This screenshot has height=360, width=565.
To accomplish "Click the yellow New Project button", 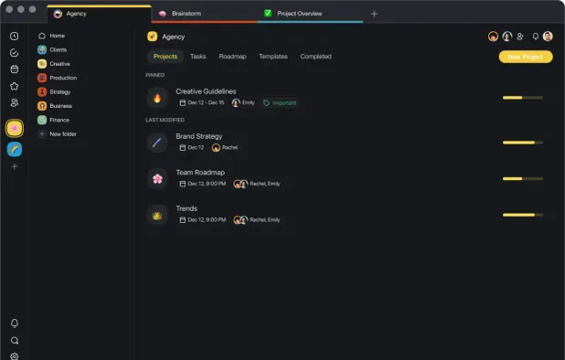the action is click(x=525, y=57).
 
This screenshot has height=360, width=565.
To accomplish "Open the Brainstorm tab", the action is click(x=187, y=14).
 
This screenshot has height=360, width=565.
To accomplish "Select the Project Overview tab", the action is click(x=299, y=14).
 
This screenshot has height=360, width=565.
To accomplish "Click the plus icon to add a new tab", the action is click(x=374, y=14).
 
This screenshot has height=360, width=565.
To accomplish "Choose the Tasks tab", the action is click(x=197, y=57).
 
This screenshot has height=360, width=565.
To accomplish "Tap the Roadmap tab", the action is click(x=232, y=57).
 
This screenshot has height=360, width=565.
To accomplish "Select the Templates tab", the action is click(x=272, y=57).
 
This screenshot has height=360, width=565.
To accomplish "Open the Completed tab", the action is click(x=315, y=57).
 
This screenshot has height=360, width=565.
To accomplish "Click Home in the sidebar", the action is click(x=57, y=36).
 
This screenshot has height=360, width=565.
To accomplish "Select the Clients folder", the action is click(x=58, y=49).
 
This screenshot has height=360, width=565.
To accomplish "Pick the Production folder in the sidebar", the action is click(x=63, y=78).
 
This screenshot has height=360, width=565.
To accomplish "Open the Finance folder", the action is click(x=59, y=120).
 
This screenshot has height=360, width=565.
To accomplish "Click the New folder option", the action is click(x=63, y=134).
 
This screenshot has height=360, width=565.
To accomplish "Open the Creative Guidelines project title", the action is click(x=206, y=91).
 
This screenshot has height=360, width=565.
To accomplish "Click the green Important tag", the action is click(x=280, y=103).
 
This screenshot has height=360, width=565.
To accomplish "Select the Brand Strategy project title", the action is click(x=198, y=136).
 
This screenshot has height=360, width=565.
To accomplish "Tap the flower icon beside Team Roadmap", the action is click(x=157, y=178).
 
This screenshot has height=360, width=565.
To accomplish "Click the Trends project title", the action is click(x=187, y=208).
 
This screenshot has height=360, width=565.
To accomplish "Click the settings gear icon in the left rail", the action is click(x=15, y=355).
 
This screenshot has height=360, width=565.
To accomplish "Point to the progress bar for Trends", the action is click(x=522, y=215).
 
